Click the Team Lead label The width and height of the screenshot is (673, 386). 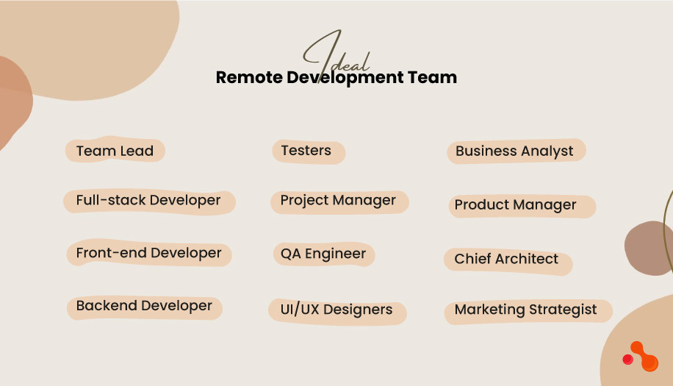click(x=115, y=151)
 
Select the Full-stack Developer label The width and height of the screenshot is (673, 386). click(x=148, y=201)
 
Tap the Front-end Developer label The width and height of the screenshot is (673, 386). click(x=148, y=254)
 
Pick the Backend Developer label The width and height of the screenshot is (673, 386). click(x=144, y=307)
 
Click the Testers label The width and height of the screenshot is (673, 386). click(x=306, y=151)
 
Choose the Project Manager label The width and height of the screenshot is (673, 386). click(x=338, y=201)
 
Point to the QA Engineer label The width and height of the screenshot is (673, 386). click(x=323, y=254)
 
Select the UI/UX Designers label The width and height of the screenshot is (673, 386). click(x=336, y=310)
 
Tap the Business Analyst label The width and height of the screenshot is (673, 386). click(x=514, y=151)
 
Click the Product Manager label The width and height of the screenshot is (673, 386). click(x=515, y=205)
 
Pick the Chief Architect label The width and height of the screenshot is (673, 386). click(x=506, y=260)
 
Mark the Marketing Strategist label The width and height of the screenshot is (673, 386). click(x=526, y=310)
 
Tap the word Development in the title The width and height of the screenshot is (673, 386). click(x=343, y=78)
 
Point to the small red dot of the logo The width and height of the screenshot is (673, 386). click(x=628, y=360)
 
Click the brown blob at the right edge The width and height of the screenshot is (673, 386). click(x=651, y=248)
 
